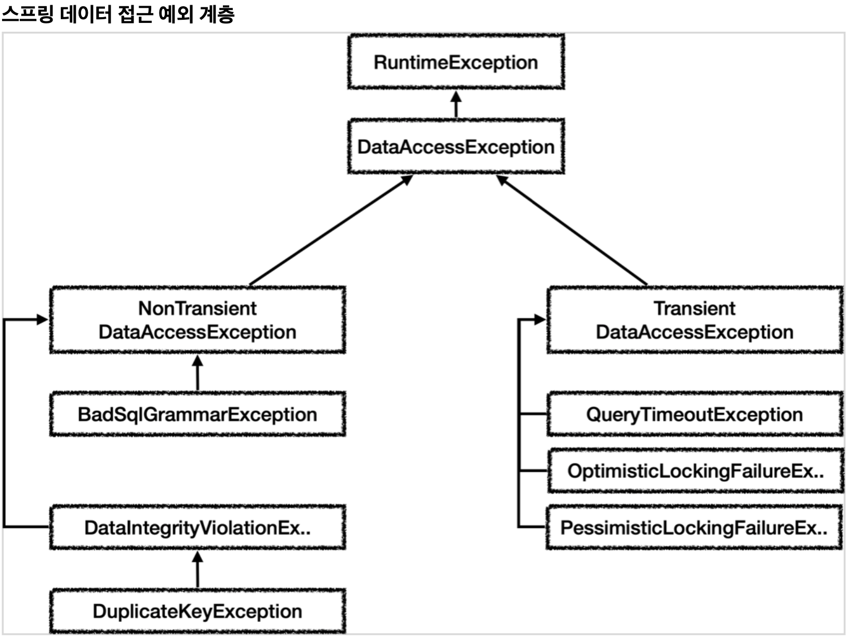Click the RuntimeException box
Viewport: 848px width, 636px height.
pos(456,62)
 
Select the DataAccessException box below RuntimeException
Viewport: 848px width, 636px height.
pos(456,147)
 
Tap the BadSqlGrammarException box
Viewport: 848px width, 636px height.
pos(197,414)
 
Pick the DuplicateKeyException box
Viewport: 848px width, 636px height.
pos(197,611)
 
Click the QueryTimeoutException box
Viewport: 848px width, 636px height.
pos(695,414)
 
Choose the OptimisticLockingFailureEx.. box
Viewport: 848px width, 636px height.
pos(695,471)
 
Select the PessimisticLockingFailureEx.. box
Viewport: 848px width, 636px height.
pos(694,527)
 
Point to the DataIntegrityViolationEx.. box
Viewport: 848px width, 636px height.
pos(197,527)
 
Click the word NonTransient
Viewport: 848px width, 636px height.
pos(197,308)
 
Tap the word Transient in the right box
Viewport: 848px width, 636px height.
pos(694,308)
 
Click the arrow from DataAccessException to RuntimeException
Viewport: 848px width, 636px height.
pos(456,104)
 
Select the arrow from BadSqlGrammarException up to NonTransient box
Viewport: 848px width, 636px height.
pos(197,373)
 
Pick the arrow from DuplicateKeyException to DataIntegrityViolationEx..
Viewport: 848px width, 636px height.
pos(197,569)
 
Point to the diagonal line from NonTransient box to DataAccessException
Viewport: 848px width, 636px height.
pos(331,231)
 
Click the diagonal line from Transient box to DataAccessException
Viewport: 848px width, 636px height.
pos(572,231)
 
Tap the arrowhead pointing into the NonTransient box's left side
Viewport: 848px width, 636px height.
pos(43,320)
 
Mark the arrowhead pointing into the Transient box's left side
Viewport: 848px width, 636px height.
pos(540,320)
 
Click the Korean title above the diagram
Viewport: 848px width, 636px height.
pos(118,15)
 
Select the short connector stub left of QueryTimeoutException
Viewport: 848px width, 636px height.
pos(533,414)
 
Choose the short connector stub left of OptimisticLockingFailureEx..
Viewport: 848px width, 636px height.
pos(534,471)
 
